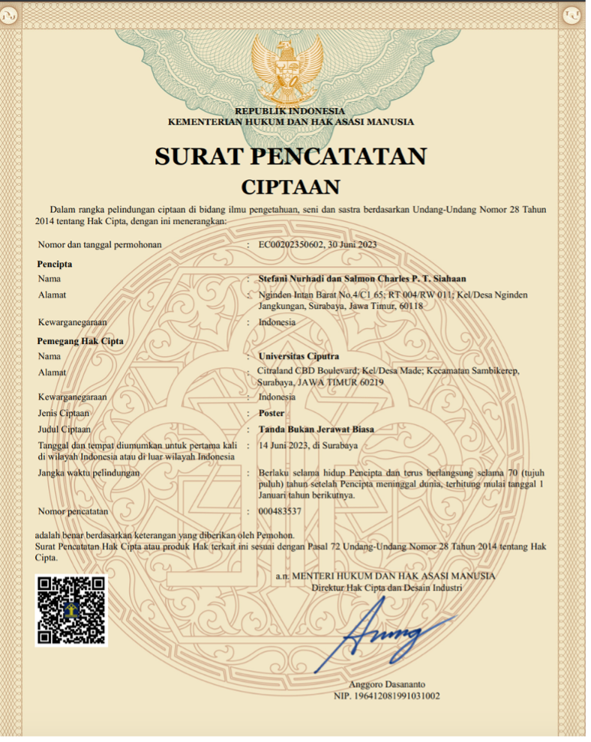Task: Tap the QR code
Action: [71, 610]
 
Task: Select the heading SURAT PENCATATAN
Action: [290, 156]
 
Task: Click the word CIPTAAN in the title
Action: [290, 186]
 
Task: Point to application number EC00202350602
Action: [292, 244]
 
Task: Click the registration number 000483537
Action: [280, 511]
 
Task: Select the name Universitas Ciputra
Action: [298, 356]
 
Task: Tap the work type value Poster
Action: [271, 413]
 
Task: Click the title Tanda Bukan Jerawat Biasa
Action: [316, 429]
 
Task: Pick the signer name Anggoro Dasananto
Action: [386, 685]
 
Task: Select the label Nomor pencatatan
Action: [73, 511]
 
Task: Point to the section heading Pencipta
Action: [55, 264]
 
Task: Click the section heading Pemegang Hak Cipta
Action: [80, 341]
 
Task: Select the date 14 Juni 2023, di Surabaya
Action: [307, 445]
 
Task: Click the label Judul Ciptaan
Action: [64, 429]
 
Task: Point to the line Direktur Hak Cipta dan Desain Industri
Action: [386, 588]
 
